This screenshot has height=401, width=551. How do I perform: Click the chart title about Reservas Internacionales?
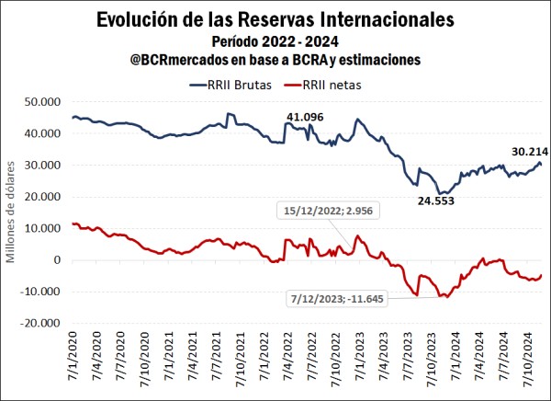click(276, 19)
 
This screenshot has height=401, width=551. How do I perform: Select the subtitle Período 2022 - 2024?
click(276, 40)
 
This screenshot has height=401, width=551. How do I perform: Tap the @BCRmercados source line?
click(275, 59)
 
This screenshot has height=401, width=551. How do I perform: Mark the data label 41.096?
click(306, 116)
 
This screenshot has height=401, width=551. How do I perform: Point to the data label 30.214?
click(523, 152)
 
